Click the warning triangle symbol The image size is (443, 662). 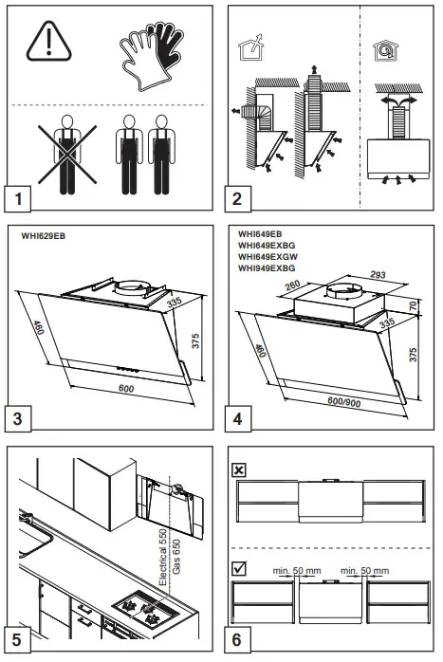(49, 42)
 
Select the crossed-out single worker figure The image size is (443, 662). (67, 155)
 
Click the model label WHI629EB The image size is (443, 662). (44, 236)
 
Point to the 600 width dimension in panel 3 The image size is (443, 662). (126, 388)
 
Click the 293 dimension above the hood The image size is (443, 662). (378, 275)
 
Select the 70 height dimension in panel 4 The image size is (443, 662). (414, 304)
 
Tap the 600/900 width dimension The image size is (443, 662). (344, 401)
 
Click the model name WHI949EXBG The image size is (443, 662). (267, 268)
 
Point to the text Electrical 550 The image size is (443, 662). (163, 557)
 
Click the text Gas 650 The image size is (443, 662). (176, 557)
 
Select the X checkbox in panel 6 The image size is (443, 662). (239, 469)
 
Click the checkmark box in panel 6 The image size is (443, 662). (239, 568)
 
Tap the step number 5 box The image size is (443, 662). (17, 639)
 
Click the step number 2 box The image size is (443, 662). (237, 198)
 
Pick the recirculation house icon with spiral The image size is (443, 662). (385, 50)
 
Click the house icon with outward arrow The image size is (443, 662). (250, 47)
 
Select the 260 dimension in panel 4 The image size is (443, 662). (292, 285)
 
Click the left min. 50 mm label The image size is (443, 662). (297, 571)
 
